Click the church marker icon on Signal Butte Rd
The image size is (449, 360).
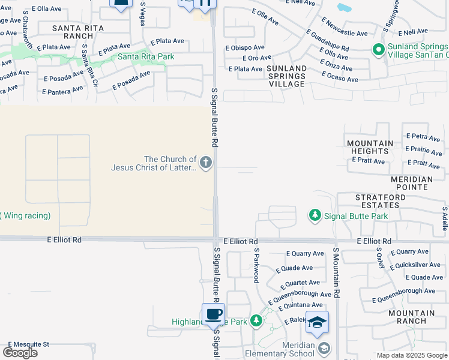(206, 163)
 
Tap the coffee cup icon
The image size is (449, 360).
(213, 313)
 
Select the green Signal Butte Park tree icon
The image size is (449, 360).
(314, 215)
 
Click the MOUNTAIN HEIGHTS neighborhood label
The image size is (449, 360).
(370, 148)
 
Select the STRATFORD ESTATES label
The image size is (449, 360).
(377, 201)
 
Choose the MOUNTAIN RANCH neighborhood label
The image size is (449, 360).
(411, 317)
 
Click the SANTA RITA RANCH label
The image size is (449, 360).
(77, 32)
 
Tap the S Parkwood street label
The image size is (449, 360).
(256, 265)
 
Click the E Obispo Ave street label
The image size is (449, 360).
(245, 47)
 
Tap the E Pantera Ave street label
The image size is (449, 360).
(62, 91)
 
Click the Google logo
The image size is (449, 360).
(20, 352)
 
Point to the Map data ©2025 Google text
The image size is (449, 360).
(411, 355)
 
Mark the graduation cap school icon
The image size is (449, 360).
(317, 323)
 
